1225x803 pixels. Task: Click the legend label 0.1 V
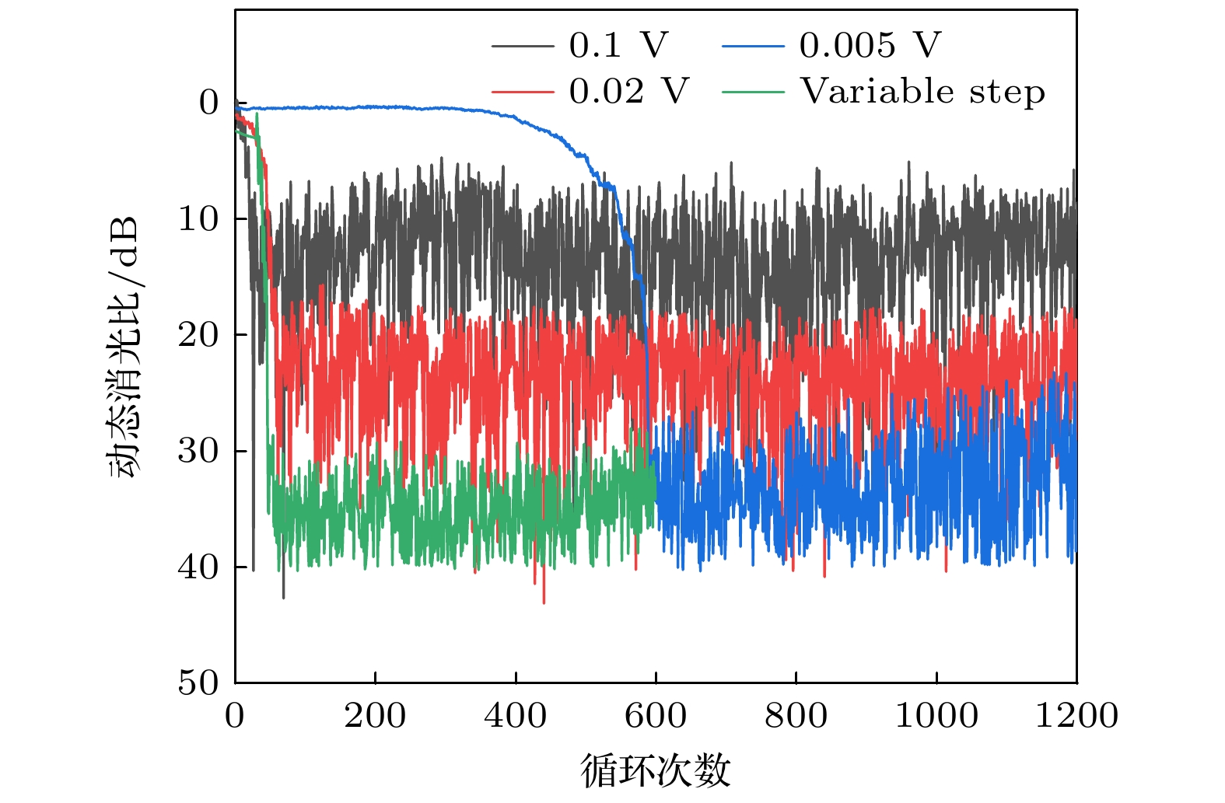tap(618, 45)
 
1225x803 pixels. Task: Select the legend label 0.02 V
tap(628, 92)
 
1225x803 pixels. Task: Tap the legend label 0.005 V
tap(870, 45)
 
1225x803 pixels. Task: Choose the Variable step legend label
tap(922, 92)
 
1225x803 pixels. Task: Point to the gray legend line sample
tap(523, 46)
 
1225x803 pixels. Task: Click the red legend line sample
tap(523, 93)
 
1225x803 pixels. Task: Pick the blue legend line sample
tap(753, 46)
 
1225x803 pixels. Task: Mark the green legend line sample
tap(753, 93)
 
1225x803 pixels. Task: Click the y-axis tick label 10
tap(198, 218)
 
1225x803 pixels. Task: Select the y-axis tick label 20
tap(198, 334)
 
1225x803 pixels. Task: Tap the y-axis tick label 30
tap(198, 450)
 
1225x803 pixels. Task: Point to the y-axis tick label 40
tap(198, 567)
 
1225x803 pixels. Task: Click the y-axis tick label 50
tap(198, 683)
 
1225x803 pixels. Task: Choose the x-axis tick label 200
tap(375, 715)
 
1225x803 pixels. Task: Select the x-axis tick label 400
tap(515, 715)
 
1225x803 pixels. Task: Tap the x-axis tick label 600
tap(656, 715)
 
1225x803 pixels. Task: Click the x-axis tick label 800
tap(796, 715)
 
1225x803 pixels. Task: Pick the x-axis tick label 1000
tap(936, 715)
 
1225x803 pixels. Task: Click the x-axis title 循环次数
tap(656, 770)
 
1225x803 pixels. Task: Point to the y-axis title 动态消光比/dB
tap(124, 347)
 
